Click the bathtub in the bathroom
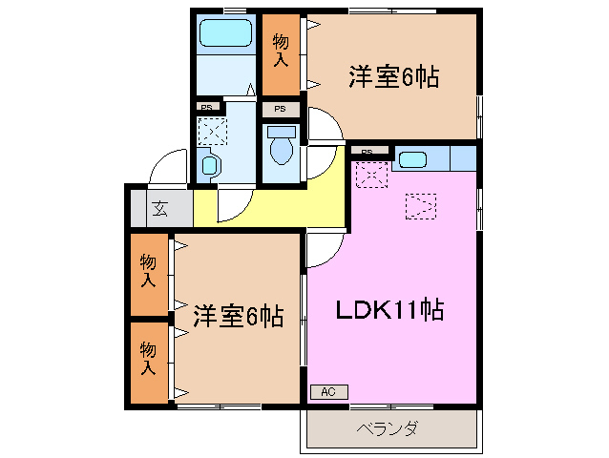click(224, 36)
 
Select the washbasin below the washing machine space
click(210, 164)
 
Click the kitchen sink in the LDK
click(413, 159)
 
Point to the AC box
click(328, 391)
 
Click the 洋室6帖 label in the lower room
click(239, 316)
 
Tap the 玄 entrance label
click(159, 209)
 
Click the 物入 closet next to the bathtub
click(281, 52)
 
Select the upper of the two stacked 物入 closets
click(148, 271)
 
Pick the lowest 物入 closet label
click(148, 358)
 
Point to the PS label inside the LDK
click(367, 151)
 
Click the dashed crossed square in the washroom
click(211, 130)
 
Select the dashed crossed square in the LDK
click(370, 175)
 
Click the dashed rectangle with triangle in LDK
click(420, 204)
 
